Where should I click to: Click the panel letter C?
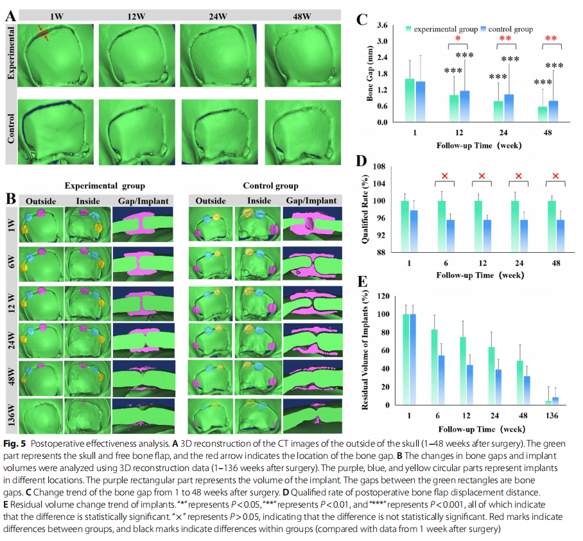click(x=361, y=19)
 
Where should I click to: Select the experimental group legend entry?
click(x=442, y=29)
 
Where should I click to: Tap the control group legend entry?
click(x=507, y=29)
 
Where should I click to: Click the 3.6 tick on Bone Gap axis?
click(x=382, y=25)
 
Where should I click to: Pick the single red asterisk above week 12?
click(x=458, y=39)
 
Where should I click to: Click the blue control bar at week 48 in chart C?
click(x=553, y=111)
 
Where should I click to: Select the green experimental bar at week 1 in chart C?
click(x=410, y=100)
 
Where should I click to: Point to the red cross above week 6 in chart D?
click(x=445, y=176)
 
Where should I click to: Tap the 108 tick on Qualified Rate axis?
click(x=379, y=166)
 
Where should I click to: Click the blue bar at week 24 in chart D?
click(x=524, y=236)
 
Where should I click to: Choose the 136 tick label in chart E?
click(x=552, y=415)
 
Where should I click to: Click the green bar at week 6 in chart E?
click(x=434, y=367)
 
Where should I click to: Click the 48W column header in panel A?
click(x=302, y=16)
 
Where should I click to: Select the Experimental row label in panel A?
click(x=11, y=53)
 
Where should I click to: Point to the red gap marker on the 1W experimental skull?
click(x=44, y=33)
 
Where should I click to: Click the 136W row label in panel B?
click(x=12, y=415)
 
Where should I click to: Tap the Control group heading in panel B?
click(x=271, y=185)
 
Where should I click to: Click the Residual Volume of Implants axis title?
click(x=365, y=350)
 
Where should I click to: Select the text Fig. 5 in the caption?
click(x=15, y=443)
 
